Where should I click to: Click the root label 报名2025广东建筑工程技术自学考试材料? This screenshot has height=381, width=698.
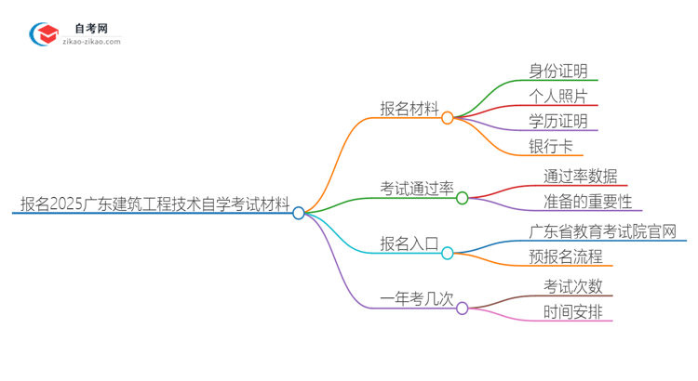154,204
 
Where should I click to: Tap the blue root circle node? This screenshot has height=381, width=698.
299,213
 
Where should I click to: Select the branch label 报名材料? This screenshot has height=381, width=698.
409,108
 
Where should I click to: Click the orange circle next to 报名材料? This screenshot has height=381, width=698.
448,118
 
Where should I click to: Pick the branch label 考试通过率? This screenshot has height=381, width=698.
417,189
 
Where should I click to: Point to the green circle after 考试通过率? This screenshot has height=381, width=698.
463,197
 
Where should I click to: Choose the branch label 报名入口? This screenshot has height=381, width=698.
409,243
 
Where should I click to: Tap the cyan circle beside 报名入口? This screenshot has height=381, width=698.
448,253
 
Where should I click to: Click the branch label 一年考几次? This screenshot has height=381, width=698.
417,298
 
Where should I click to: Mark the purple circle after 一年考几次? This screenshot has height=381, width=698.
463,308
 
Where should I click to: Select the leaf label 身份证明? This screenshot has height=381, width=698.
558,72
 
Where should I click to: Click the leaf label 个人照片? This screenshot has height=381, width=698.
558,97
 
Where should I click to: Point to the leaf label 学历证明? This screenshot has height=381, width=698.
558,122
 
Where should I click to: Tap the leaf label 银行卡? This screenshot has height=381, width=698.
551,147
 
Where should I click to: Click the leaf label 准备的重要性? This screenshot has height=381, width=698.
588,202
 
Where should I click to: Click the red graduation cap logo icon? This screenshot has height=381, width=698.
44,35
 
